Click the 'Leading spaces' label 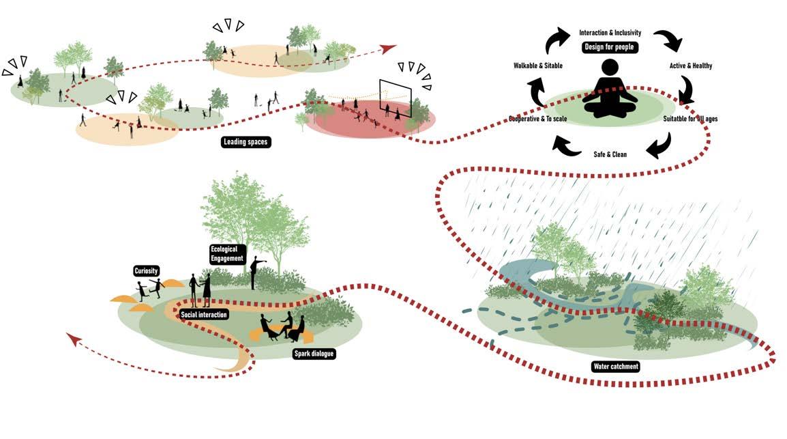tap(246, 142)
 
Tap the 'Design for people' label tap(609, 47)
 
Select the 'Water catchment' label tap(615, 367)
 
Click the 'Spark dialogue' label tap(313, 354)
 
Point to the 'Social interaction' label tap(204, 315)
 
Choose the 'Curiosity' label tap(147, 271)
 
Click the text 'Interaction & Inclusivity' tap(610, 32)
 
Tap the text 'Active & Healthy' tap(691, 66)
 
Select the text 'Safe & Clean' tap(610, 154)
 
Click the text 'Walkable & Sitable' tap(538, 66)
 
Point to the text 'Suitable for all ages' tap(690, 119)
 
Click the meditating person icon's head tap(610, 68)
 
